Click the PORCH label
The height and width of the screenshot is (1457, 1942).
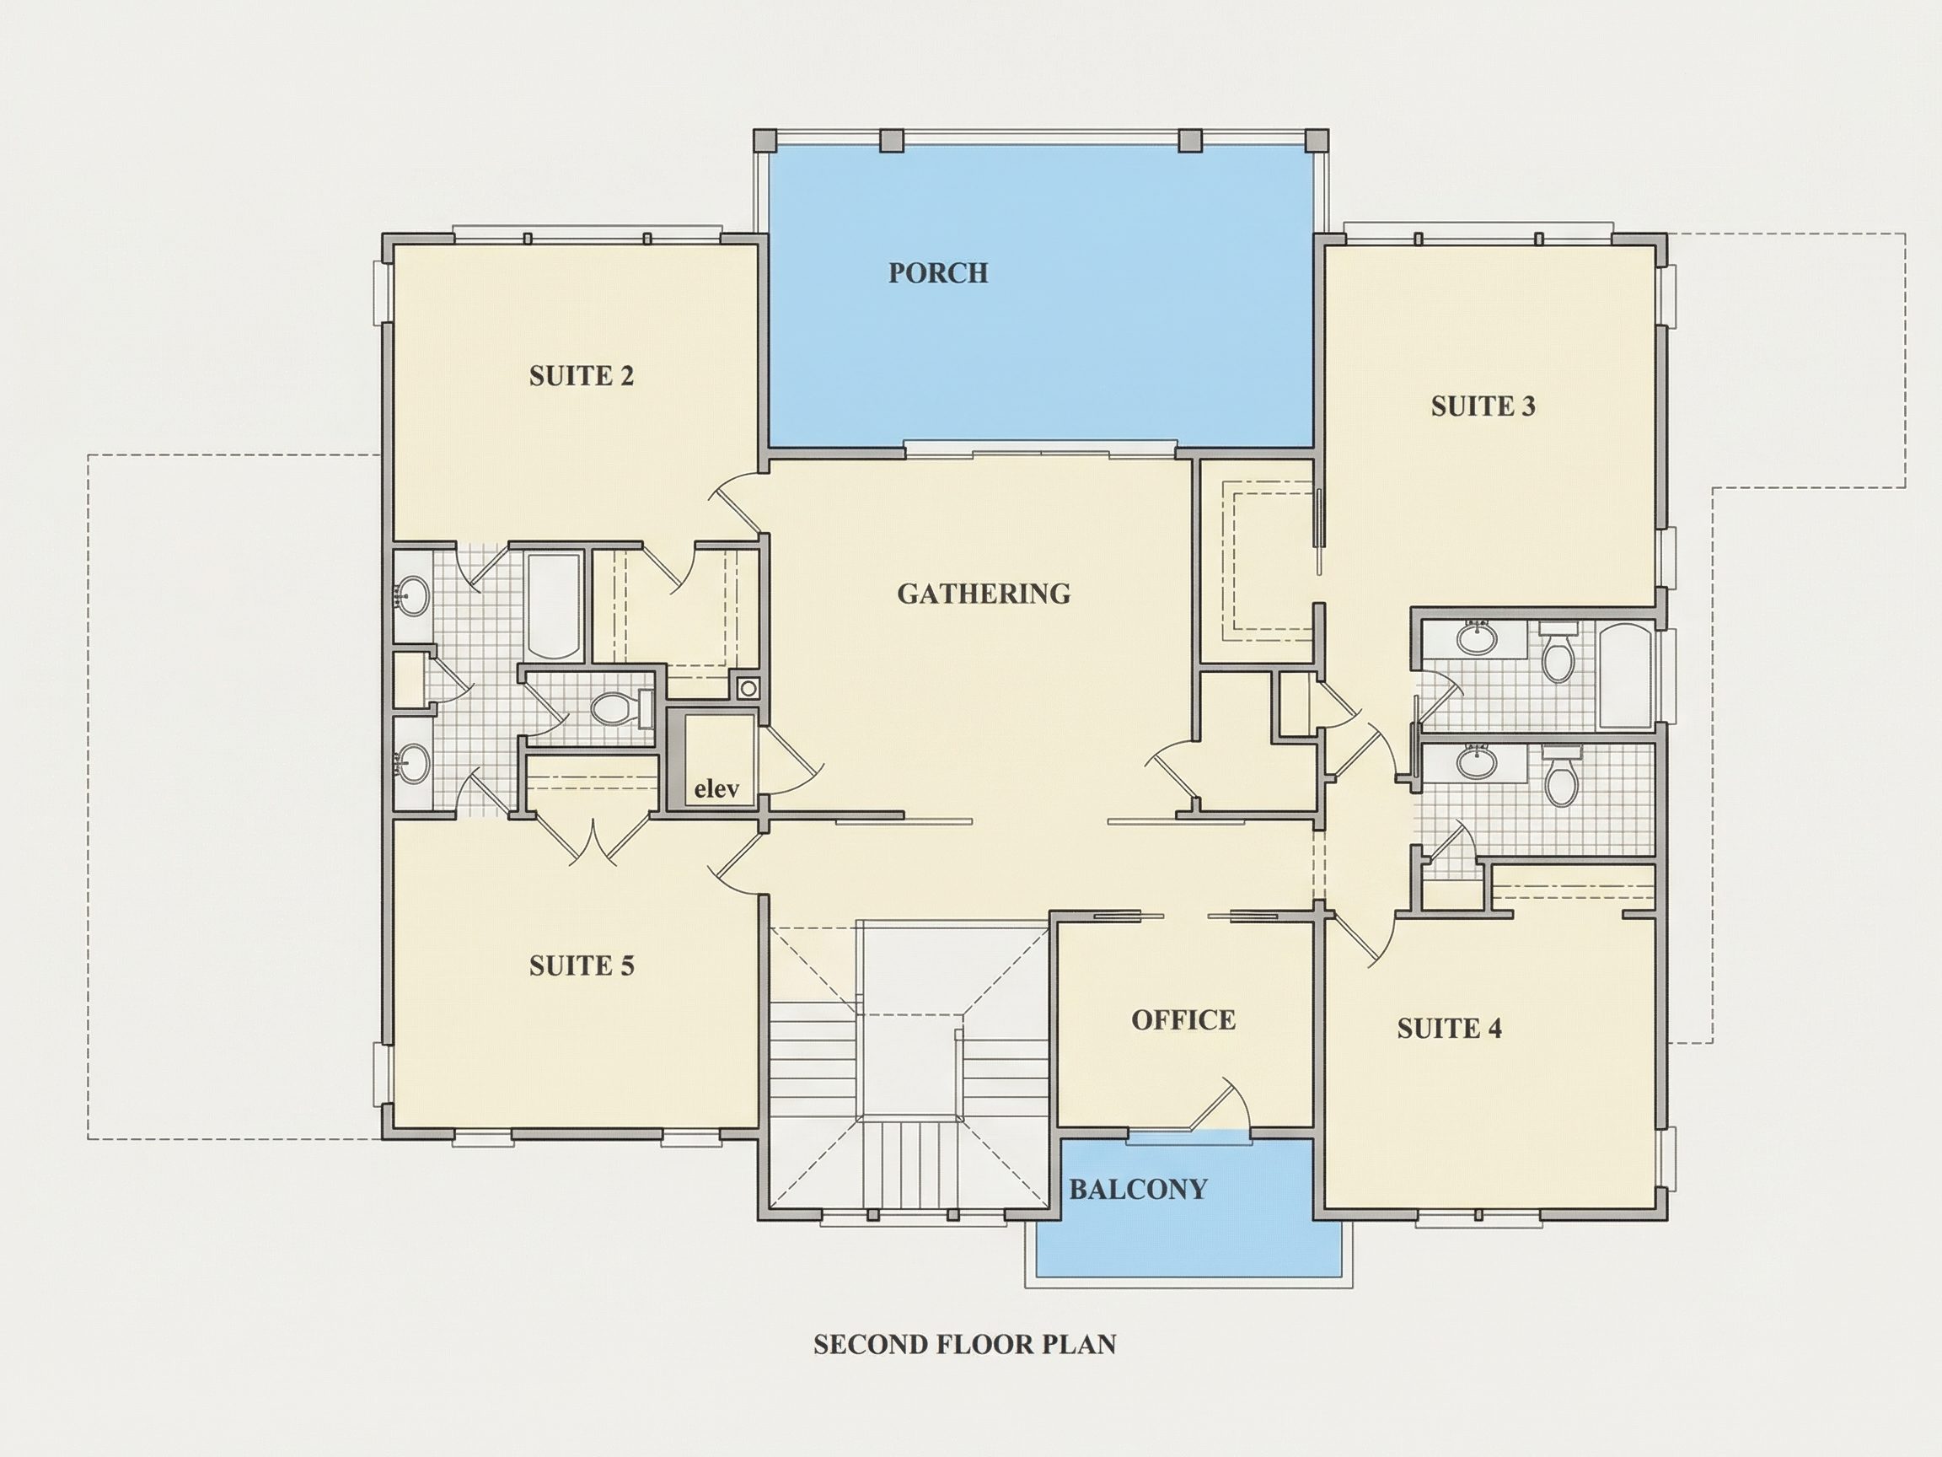pyautogui.click(x=937, y=273)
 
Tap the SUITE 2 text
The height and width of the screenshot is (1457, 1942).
pyautogui.click(x=582, y=376)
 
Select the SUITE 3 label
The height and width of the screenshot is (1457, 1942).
pyautogui.click(x=1483, y=406)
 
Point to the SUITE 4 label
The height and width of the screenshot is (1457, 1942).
pyautogui.click(x=1450, y=1028)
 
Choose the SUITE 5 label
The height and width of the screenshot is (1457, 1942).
pyautogui.click(x=582, y=966)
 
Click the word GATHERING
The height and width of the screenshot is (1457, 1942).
pyautogui.click(x=984, y=594)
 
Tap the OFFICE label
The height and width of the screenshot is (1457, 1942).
pyautogui.click(x=1183, y=1019)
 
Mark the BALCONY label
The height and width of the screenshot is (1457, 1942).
pyautogui.click(x=1138, y=1189)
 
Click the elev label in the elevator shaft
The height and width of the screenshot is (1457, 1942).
pyautogui.click(x=716, y=788)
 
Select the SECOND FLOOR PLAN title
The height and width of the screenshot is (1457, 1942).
pyautogui.click(x=965, y=1345)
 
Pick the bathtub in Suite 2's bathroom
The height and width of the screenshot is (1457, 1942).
pyautogui.click(x=552, y=606)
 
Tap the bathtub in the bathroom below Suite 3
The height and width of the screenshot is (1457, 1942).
pyautogui.click(x=1625, y=675)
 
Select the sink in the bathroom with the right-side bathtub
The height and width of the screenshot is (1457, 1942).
pyautogui.click(x=1477, y=637)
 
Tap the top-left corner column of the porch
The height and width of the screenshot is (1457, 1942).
pyautogui.click(x=764, y=141)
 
